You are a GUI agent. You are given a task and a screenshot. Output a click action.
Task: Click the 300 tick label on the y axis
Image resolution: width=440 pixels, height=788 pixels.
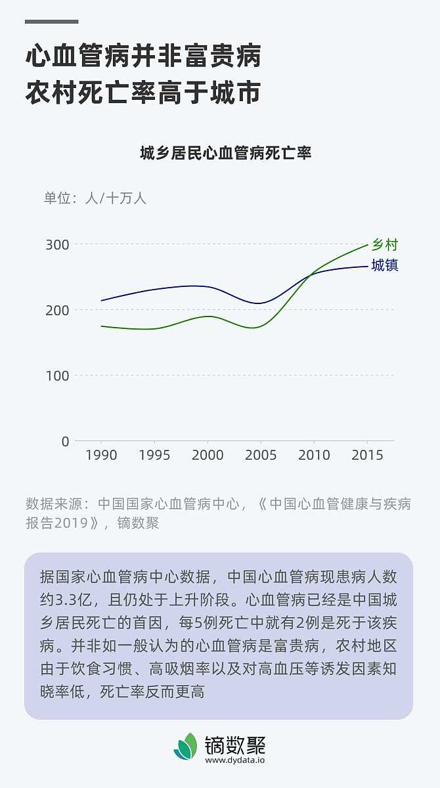[57, 245]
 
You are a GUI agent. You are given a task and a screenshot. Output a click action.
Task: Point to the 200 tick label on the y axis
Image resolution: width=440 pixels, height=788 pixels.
[57, 310]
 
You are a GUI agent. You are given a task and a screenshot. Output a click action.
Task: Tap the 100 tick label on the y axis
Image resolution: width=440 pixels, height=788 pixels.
[57, 376]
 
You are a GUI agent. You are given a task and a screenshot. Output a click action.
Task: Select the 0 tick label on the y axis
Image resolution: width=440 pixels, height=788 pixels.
[65, 441]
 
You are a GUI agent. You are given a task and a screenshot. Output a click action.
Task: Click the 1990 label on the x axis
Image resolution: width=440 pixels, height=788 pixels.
[101, 455]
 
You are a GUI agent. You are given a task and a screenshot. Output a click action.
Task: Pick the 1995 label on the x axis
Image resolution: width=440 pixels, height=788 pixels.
[154, 455]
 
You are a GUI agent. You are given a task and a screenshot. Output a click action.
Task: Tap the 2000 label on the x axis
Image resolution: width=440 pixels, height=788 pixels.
[208, 455]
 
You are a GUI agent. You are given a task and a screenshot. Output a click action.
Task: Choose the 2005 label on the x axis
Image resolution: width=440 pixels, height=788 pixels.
[261, 455]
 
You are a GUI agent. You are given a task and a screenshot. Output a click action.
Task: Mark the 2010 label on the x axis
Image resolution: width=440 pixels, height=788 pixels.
[314, 455]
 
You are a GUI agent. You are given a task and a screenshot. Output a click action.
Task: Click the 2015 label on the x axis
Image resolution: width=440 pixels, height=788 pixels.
[366, 455]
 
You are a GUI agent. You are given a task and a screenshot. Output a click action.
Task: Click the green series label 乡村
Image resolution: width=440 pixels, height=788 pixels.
[385, 245]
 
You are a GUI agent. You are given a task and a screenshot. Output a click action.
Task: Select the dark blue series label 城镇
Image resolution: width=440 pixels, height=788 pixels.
[385, 265]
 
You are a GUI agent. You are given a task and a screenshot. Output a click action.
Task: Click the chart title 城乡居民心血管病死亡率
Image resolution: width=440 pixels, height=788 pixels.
[225, 154]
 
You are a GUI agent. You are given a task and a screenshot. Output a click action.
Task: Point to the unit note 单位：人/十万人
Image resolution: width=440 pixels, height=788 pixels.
[95, 198]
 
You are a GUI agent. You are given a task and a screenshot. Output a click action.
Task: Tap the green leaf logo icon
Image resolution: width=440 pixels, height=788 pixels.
[186, 747]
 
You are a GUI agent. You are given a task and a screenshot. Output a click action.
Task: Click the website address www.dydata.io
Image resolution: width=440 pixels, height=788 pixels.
[234, 760]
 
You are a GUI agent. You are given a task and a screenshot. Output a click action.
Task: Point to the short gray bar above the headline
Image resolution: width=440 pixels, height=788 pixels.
[51, 22]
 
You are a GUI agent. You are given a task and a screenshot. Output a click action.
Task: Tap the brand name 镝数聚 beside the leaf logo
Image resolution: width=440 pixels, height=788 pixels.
[235, 744]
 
